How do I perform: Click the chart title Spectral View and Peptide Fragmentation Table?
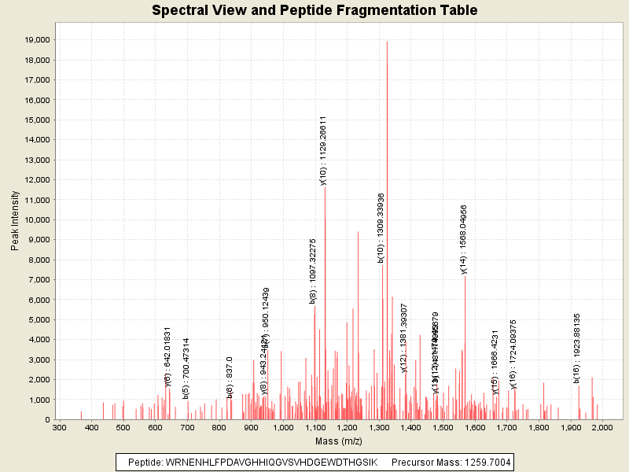pos(314,11)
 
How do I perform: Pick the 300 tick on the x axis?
pos(60,428)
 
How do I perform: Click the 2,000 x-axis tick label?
pos(601,428)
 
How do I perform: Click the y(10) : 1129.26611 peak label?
pos(323,150)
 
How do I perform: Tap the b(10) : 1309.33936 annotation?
pos(381,227)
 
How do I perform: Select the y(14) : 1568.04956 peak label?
pos(464,239)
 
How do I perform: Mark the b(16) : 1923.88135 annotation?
pos(576,348)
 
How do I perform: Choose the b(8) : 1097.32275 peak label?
pos(312,271)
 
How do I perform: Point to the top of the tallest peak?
pos(387,42)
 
